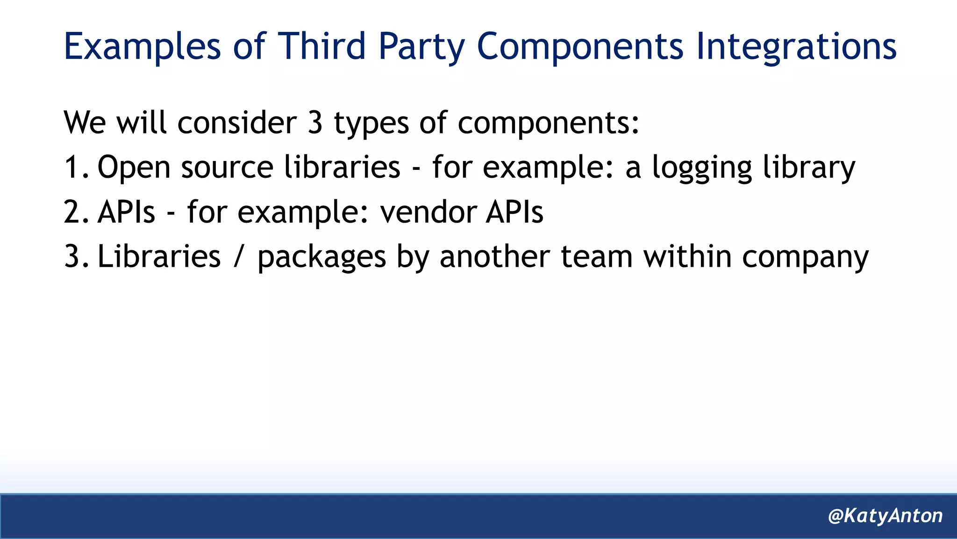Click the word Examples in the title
[142, 47]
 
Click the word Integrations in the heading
[796, 47]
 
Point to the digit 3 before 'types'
[315, 123]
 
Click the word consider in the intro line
[237, 123]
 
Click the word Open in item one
[134, 168]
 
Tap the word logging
[702, 168]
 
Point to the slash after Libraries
[239, 256]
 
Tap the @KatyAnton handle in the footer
[885, 516]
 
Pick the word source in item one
[227, 168]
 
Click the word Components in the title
[580, 47]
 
